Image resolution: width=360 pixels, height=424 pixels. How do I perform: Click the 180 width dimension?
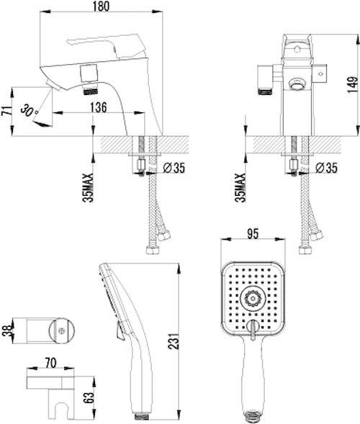tap(101, 6)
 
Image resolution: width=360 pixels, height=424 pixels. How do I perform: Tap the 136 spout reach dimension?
tap(98, 107)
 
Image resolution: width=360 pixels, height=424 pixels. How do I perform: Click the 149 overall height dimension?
tap(352, 85)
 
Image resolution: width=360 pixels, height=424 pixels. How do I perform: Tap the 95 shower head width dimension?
tap(253, 234)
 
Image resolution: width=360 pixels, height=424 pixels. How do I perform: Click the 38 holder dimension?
tap(7, 330)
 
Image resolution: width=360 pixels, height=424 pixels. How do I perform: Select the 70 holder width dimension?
tap(50, 363)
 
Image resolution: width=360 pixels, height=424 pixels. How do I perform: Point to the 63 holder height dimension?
tap(89, 397)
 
